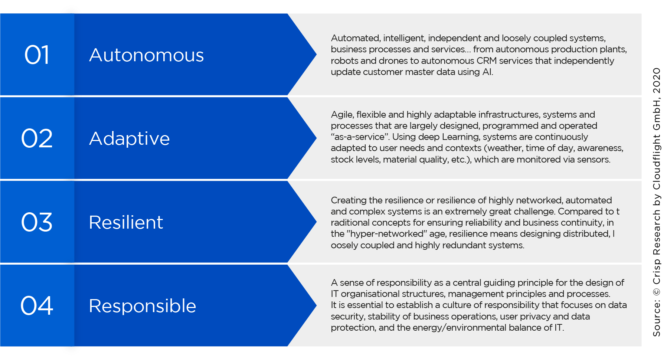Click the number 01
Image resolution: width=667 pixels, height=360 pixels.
point(37,55)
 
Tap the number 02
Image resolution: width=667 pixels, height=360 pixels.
point(37,138)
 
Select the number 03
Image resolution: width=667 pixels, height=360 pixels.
point(37,222)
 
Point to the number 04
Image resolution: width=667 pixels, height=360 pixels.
point(37,306)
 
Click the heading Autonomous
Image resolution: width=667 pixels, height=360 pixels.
point(147,55)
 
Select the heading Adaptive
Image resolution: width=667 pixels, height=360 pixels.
point(130,139)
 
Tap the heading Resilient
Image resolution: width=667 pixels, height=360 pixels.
point(126,222)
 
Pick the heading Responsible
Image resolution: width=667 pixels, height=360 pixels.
point(143,306)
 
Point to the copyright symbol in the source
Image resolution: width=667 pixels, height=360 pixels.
point(657,292)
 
